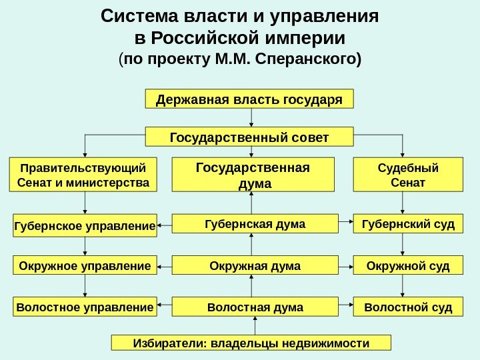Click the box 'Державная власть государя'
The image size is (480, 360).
click(249, 99)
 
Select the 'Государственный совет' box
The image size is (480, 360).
click(249, 137)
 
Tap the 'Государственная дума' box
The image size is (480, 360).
click(252, 175)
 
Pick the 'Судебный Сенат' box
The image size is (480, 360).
click(408, 175)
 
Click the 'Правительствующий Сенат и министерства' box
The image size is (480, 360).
click(84, 175)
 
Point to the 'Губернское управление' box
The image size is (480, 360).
click(84, 227)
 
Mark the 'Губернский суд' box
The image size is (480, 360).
click(408, 224)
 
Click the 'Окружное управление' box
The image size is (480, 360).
click(84, 267)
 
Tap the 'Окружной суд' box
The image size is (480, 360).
click(408, 267)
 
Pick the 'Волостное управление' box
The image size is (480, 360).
click(84, 307)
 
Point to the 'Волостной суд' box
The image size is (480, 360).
click(408, 307)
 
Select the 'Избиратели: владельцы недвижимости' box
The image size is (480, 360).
click(251, 343)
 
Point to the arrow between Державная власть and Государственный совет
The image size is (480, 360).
click(251, 117)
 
